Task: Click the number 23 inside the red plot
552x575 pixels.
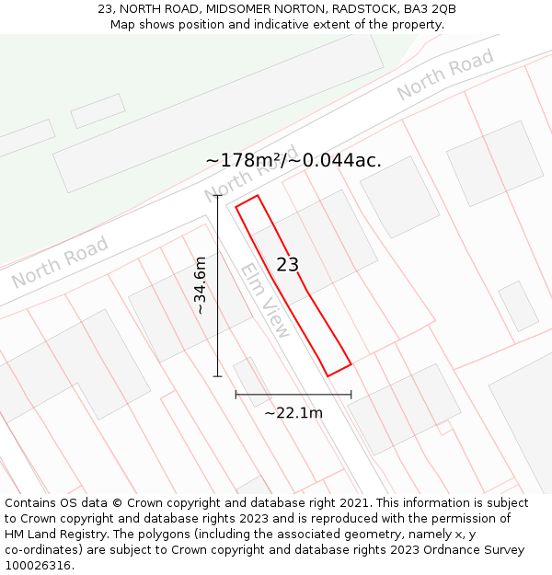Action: (x=288, y=265)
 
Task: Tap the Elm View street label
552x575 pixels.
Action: (x=265, y=300)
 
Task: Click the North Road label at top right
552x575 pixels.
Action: (x=445, y=75)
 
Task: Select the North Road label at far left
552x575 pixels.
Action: (x=60, y=262)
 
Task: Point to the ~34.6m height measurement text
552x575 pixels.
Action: (x=201, y=286)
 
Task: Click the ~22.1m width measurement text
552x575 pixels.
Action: (x=293, y=413)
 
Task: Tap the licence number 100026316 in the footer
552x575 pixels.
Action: (x=37, y=565)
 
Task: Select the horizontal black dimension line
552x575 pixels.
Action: (x=293, y=395)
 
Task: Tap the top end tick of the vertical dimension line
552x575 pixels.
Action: (x=218, y=196)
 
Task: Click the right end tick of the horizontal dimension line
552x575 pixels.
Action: (x=351, y=395)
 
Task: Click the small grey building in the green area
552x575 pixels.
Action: (x=98, y=110)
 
